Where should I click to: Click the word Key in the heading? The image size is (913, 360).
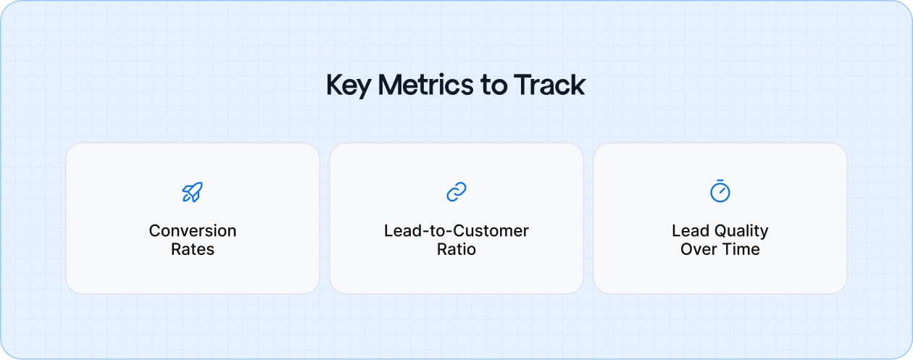point(349,85)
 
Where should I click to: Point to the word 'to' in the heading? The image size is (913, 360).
point(494,85)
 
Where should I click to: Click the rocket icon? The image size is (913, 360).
point(193,192)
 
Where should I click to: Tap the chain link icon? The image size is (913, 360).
point(456,192)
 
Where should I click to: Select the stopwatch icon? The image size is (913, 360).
point(720,192)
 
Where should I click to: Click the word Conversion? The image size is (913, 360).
point(193,231)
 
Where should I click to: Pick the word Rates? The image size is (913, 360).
point(193,250)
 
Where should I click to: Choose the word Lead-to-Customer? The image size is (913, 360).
point(456,231)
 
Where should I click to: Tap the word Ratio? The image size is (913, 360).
point(456,250)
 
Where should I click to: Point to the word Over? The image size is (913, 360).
point(699,250)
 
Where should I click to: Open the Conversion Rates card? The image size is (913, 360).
point(193,275)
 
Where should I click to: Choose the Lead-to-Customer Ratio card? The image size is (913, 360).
point(456,275)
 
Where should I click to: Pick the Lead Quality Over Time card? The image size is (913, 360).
point(720,275)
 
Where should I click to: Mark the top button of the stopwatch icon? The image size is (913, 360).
point(720,182)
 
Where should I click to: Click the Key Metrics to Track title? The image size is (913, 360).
point(456,85)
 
